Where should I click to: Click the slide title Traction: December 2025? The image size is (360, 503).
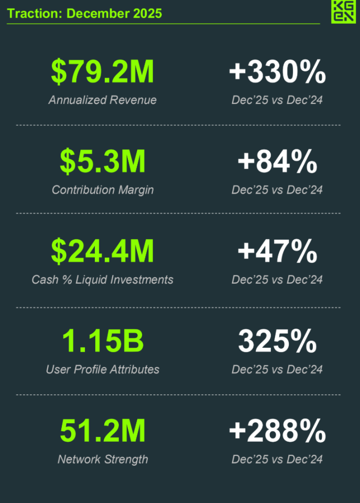tap(84, 14)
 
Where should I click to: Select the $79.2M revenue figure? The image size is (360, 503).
tap(103, 72)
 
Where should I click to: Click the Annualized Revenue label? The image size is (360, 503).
tap(103, 100)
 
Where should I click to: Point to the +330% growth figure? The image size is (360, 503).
tap(277, 72)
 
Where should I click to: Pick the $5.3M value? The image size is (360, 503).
tap(103, 162)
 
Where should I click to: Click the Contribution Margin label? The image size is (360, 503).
tap(103, 190)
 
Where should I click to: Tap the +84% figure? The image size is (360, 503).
tap(277, 162)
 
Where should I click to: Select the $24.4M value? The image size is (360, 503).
tap(103, 252)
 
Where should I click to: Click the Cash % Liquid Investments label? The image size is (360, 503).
tap(103, 280)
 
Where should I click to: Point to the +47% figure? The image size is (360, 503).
tap(277, 252)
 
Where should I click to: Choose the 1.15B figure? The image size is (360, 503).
tap(103, 341)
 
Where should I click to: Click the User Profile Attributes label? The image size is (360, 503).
tap(103, 369)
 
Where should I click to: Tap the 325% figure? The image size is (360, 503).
tap(277, 341)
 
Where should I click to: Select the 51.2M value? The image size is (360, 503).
tap(103, 432)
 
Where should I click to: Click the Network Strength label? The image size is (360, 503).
tap(103, 459)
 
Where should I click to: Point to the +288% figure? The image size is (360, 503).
tap(277, 432)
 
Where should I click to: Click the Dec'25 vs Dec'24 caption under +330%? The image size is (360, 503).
tap(277, 100)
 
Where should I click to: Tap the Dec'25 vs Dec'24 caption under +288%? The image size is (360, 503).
tap(277, 459)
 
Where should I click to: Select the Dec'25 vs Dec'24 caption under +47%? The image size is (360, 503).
tap(277, 280)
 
